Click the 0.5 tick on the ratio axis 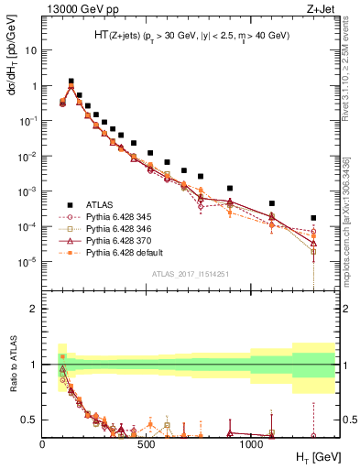[x=30, y=420]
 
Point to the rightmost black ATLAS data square [x=313, y=218]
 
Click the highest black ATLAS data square [x=71, y=82]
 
